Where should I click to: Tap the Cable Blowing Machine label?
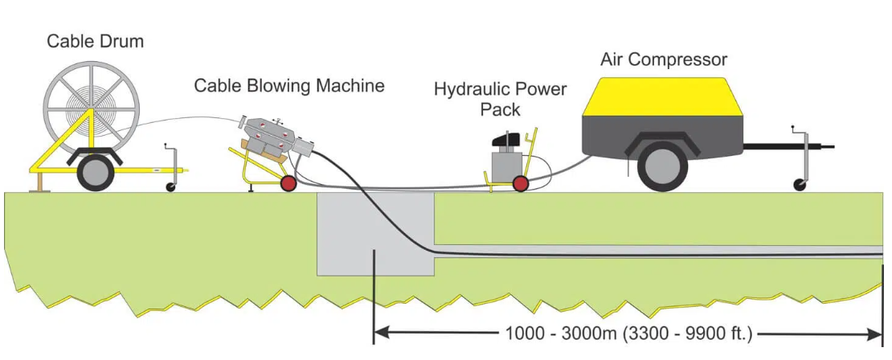(289, 85)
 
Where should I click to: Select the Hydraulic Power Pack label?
(500, 98)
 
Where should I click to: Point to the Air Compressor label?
(664, 59)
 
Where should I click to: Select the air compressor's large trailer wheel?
(663, 166)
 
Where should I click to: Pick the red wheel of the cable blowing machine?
(286, 184)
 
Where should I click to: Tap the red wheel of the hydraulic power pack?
(521, 184)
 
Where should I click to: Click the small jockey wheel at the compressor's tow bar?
(800, 186)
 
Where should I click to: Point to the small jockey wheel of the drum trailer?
(170, 186)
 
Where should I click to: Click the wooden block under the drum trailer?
(35, 185)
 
